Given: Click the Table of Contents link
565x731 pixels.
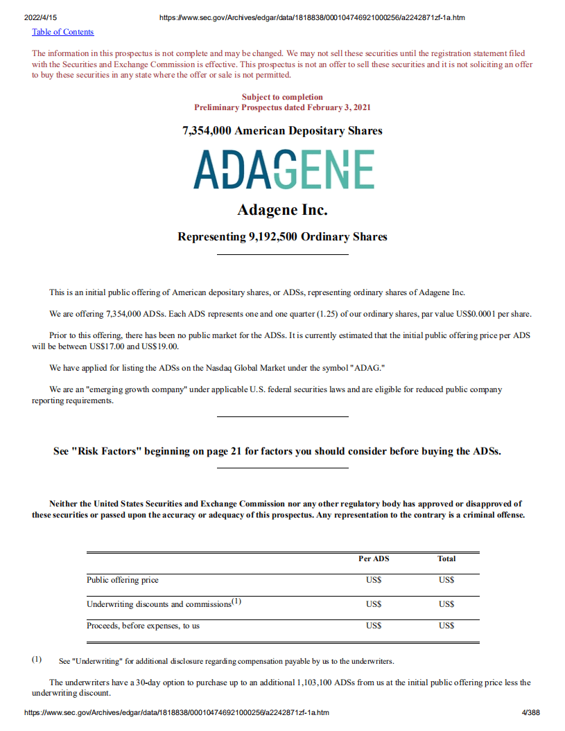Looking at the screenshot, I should [x=62, y=32].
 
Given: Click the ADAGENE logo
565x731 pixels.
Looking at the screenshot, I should [x=284, y=169].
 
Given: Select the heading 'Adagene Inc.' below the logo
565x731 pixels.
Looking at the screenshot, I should [x=282, y=209].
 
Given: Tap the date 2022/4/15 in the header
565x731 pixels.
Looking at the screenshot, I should [x=40, y=17].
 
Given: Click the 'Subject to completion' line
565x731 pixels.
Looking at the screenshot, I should [x=282, y=97].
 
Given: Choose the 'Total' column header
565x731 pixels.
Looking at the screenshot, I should [x=446, y=558].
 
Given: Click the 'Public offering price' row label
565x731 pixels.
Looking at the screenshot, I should [x=123, y=580].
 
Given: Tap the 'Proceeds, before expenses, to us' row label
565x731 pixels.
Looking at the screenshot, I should [x=143, y=626].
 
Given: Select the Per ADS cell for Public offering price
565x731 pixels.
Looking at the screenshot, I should [x=374, y=580].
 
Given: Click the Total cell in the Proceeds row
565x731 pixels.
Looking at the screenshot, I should [x=446, y=626].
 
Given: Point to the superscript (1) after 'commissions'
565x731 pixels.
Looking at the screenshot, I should [x=236, y=601].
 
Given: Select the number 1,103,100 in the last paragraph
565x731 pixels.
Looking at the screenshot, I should [x=302, y=682].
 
